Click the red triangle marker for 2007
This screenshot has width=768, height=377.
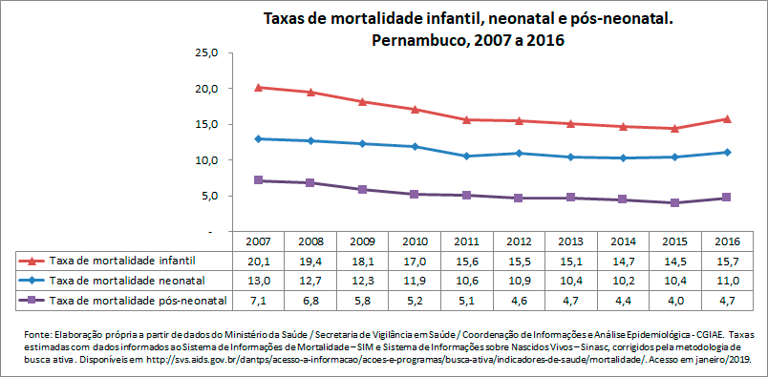(x=260, y=87)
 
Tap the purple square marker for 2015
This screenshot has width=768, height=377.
(x=674, y=202)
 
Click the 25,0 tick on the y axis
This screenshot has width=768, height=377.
(x=207, y=52)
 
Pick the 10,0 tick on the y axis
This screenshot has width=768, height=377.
(x=207, y=160)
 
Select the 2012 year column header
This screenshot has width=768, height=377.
(x=519, y=241)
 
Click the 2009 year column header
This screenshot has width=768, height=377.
(x=363, y=241)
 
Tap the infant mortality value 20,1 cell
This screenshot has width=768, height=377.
(x=260, y=261)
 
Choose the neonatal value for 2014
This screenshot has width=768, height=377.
(x=623, y=281)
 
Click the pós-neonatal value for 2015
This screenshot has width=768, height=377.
(x=674, y=301)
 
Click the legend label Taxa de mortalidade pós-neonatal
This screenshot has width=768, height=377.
(x=138, y=301)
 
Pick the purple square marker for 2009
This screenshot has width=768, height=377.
(x=363, y=190)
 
